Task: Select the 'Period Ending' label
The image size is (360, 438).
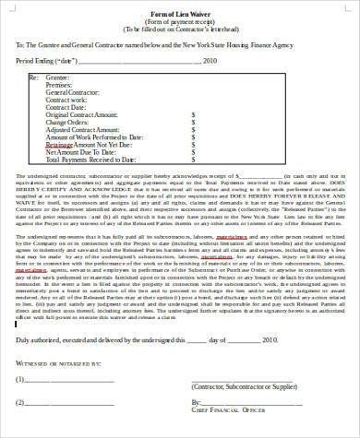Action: pyautogui.click(x=45, y=60)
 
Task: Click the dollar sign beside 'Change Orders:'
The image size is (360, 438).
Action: pyautogui.click(x=192, y=123)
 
